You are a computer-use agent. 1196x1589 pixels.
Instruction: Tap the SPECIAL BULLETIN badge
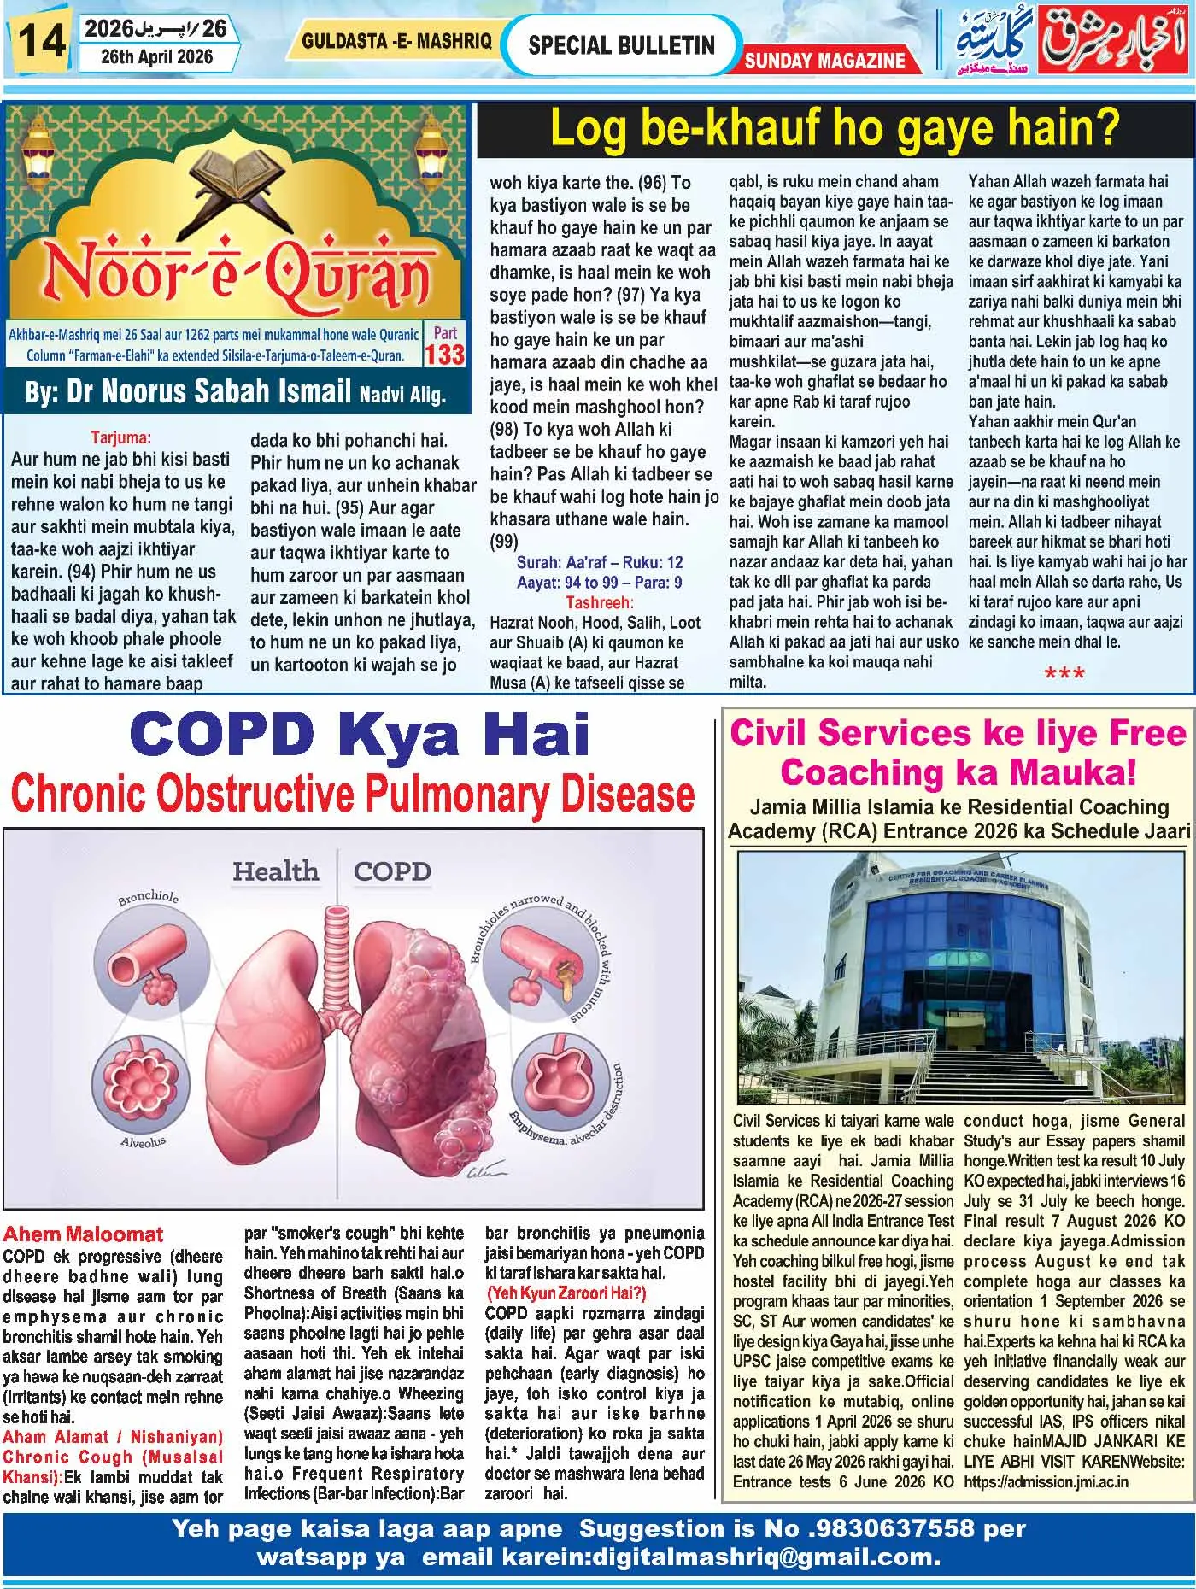point(621,45)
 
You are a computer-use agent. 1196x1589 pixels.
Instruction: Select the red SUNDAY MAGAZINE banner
point(824,61)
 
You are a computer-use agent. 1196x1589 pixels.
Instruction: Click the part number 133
point(445,353)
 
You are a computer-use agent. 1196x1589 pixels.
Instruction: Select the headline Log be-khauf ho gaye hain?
point(834,129)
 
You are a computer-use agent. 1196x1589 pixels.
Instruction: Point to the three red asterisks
point(1064,675)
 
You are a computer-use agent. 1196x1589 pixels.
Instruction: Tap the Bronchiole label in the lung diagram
point(148,899)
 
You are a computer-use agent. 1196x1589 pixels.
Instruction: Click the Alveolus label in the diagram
point(143,1142)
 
